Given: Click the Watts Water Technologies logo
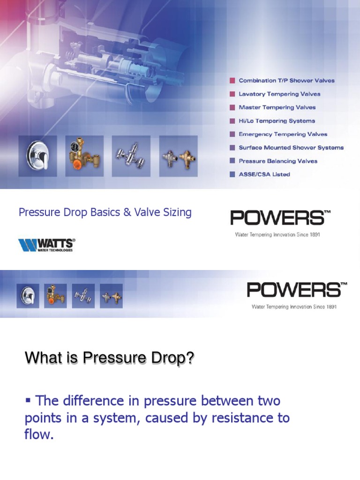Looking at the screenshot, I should click(46, 245).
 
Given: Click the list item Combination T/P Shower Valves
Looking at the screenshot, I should click(286, 81).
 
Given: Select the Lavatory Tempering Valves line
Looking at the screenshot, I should click(279, 94).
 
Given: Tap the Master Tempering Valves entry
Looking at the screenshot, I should click(277, 107).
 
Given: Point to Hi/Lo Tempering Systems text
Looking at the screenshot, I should click(277, 121).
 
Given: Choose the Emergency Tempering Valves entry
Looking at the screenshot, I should click(283, 134).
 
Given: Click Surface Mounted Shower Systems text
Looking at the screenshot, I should click(291, 148).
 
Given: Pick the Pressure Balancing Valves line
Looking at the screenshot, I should click(278, 161).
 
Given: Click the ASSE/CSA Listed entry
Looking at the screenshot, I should click(264, 174).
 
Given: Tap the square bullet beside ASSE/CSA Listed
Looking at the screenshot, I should click(232, 174).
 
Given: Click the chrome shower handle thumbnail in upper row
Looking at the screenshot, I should click(37, 156).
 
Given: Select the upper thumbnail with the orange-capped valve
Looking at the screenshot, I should click(84, 156).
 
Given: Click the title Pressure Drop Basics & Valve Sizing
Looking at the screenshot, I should click(105, 212).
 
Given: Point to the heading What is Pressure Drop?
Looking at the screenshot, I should click(109, 359).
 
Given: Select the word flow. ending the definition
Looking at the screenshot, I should click(39, 435).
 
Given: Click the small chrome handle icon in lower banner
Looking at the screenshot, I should click(28, 296).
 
